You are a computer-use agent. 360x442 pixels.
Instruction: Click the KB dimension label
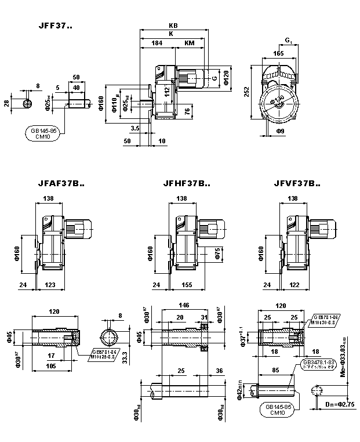coord(173,26)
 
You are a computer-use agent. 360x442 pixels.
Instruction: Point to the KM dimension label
coord(190,43)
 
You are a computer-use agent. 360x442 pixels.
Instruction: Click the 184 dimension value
coord(157,43)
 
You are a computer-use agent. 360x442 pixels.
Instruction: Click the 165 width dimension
coord(278,53)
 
